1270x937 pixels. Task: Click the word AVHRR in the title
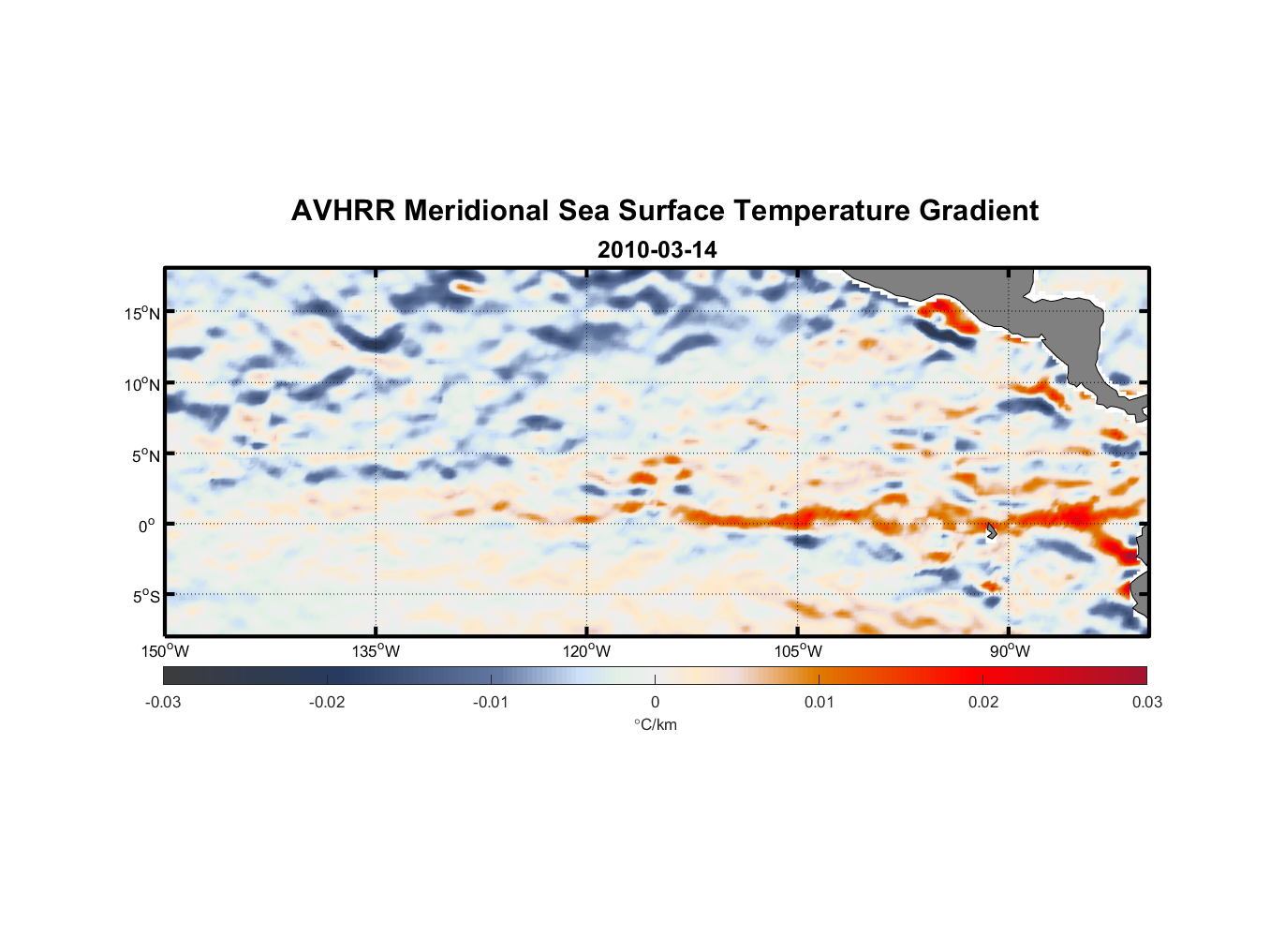point(343,211)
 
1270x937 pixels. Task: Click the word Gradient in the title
point(978,211)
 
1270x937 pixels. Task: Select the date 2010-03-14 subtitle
point(657,250)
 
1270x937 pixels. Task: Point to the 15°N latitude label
point(142,313)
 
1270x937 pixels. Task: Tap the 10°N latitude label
point(142,384)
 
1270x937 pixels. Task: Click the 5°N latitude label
point(145,455)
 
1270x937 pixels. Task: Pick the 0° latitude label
point(147,526)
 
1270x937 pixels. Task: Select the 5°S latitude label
point(145,596)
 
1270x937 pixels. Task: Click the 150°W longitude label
point(166,651)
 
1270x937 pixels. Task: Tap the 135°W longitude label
point(376,651)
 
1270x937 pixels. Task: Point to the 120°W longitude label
point(586,651)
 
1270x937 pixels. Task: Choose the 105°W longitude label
point(798,651)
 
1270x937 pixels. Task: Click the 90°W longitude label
point(1009,651)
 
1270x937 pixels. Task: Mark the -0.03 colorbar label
point(163,702)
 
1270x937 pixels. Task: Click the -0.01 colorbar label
point(491,702)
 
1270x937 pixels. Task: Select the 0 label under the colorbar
point(655,702)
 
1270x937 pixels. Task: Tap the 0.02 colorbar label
point(982,702)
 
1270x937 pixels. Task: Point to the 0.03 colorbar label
point(1146,702)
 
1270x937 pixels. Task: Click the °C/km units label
point(655,724)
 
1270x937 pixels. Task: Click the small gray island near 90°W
point(991,530)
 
